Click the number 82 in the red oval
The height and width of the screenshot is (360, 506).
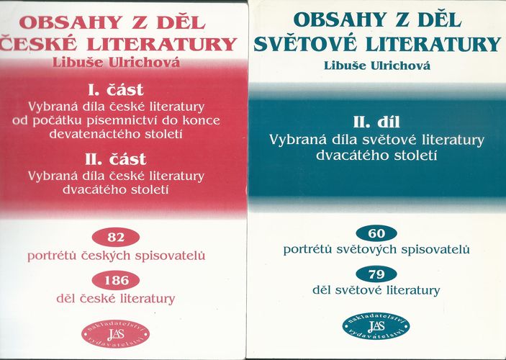116,238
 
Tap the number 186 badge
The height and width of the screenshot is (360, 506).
116,280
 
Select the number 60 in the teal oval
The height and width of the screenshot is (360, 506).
376,233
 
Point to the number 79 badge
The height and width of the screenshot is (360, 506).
376,274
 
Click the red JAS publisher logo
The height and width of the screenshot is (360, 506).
116,334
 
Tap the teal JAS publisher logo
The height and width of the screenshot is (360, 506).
376,326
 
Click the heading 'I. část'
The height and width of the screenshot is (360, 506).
116,90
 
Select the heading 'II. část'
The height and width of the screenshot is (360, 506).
116,159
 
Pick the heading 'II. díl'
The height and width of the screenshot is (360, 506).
376,122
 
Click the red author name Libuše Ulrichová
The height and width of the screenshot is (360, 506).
116,63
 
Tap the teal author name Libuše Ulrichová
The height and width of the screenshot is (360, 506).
377,66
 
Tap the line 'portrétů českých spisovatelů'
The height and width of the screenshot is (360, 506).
116,256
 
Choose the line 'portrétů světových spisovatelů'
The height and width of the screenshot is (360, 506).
376,250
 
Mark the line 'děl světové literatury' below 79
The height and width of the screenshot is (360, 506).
376,290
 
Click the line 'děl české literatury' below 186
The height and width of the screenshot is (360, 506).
116,299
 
